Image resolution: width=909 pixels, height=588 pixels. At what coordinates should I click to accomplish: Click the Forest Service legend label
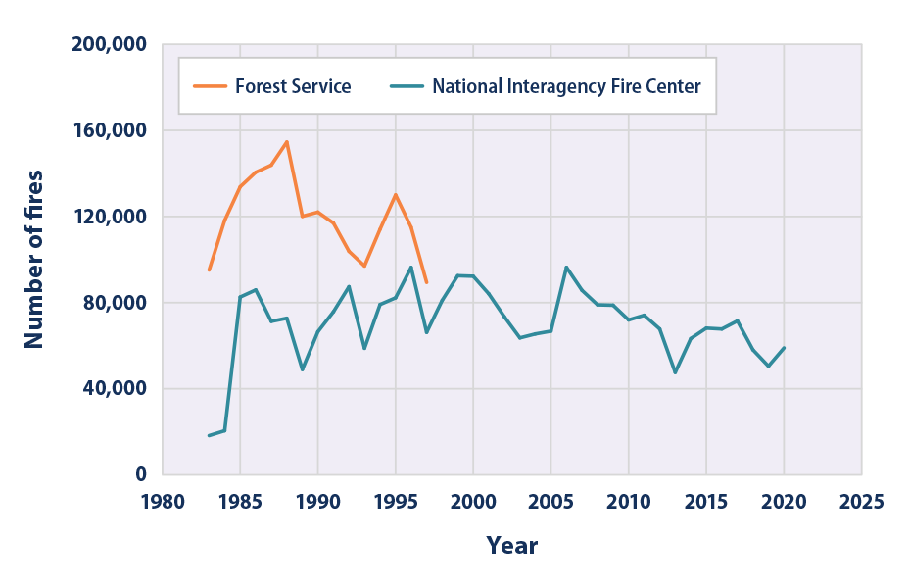(293, 86)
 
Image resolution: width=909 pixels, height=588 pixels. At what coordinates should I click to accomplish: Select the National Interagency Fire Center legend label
(566, 86)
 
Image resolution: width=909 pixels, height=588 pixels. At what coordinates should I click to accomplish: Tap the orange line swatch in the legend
(209, 86)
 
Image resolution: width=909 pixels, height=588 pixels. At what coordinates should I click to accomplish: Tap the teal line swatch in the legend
(405, 86)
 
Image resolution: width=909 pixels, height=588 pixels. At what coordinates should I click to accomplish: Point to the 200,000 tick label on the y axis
(109, 45)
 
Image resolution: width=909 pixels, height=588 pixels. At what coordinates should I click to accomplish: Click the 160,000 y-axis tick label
(109, 130)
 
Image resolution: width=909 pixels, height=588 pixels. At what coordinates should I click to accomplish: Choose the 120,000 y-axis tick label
(109, 217)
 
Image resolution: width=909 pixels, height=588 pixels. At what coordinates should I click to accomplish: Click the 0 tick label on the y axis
(140, 474)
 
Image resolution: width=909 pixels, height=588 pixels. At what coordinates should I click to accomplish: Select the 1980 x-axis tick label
(163, 502)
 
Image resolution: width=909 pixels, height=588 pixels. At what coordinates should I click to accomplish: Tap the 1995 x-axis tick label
(396, 502)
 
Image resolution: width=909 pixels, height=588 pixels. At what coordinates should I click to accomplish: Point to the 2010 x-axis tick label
(629, 502)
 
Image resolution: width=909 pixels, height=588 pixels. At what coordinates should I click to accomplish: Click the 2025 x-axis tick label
(862, 502)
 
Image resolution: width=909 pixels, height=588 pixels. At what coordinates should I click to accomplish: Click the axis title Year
(512, 546)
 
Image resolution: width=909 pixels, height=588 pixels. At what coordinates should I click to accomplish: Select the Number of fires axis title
(34, 259)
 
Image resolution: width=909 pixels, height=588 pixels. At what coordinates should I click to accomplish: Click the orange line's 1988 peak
(287, 141)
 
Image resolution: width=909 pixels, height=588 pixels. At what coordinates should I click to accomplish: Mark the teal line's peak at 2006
(566, 267)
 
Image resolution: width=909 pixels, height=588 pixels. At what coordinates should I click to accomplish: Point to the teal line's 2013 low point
(675, 372)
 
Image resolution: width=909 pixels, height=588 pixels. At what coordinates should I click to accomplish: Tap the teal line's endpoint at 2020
(784, 348)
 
